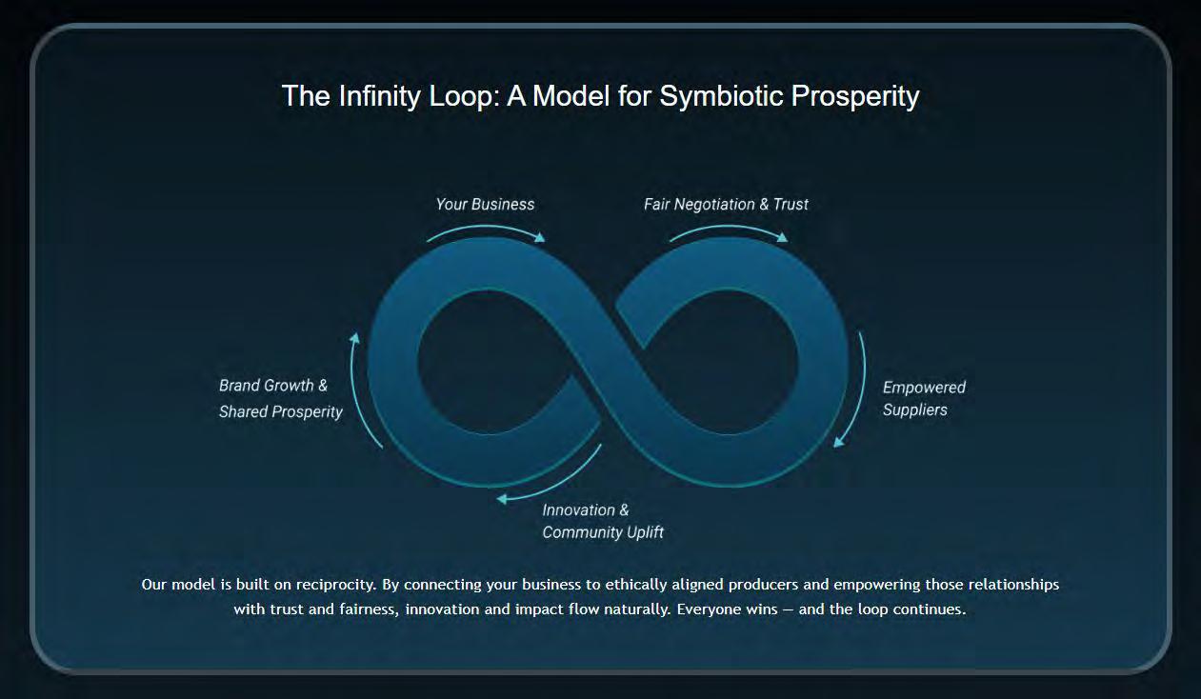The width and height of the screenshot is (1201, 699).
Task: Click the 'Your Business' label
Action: coord(485,205)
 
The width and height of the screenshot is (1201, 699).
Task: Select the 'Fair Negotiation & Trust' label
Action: coord(726,205)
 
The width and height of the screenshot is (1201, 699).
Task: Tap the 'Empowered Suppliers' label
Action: coord(923,399)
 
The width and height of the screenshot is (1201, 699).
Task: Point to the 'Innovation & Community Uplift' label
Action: coord(602,521)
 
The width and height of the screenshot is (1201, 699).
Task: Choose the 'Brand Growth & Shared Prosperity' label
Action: coord(280,399)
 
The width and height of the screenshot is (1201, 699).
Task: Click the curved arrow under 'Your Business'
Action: coord(486,229)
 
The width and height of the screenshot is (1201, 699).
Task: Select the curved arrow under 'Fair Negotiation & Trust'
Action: coord(729,229)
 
